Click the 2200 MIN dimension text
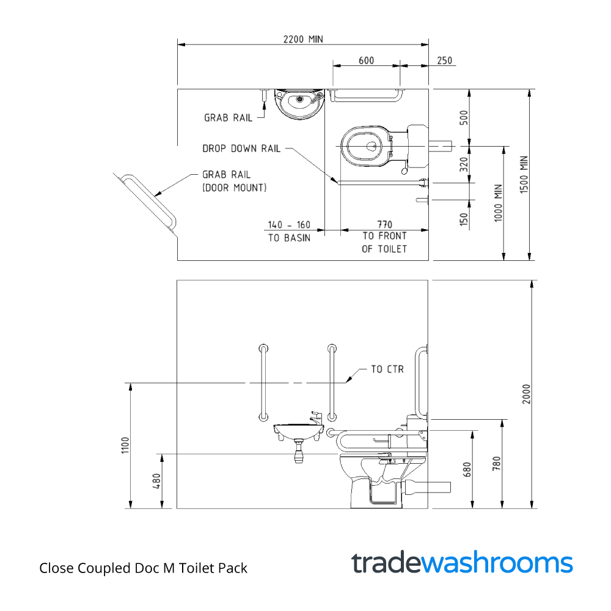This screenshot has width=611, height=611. (x=302, y=39)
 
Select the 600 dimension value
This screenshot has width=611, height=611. (x=366, y=60)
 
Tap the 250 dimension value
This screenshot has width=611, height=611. (x=445, y=60)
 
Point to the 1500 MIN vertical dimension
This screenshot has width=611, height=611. (x=524, y=175)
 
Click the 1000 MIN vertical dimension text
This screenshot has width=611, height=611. (x=498, y=202)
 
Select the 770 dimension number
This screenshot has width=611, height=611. (x=384, y=224)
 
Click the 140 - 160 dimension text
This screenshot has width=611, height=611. (x=289, y=224)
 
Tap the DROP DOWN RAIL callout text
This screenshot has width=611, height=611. (x=241, y=148)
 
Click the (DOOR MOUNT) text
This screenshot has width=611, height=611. (x=234, y=188)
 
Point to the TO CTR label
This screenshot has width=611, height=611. (x=387, y=369)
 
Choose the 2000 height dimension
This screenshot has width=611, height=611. (x=527, y=394)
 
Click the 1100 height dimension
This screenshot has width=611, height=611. (x=125, y=445)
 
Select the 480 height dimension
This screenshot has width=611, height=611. (x=156, y=481)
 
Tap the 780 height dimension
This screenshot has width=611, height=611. (x=497, y=464)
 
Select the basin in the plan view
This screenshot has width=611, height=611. (x=299, y=103)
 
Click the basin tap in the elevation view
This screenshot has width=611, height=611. (x=314, y=418)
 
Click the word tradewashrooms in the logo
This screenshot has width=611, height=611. (x=462, y=563)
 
